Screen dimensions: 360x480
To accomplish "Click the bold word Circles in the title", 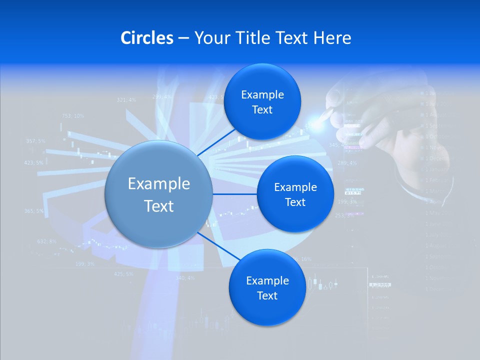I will pyautogui.click(x=147, y=38).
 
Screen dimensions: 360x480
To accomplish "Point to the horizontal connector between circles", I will pyautogui.click(x=235, y=193).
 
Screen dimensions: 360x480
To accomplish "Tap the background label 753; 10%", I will pyautogui.click(x=73, y=116).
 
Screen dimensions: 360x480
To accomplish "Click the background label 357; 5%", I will pyautogui.click(x=35, y=141).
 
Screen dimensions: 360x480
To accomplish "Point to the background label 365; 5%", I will pyautogui.click(x=33, y=211).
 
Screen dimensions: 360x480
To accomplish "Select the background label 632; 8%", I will pyautogui.click(x=47, y=241).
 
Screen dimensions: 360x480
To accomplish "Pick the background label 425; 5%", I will pyautogui.click(x=123, y=274).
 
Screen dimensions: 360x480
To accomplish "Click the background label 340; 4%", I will pyautogui.click(x=185, y=278).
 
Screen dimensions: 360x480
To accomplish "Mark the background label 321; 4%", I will pyautogui.click(x=126, y=100).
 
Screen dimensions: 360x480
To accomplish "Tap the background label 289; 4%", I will pyautogui.click(x=347, y=163).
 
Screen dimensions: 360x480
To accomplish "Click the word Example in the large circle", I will pyautogui.click(x=159, y=184).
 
